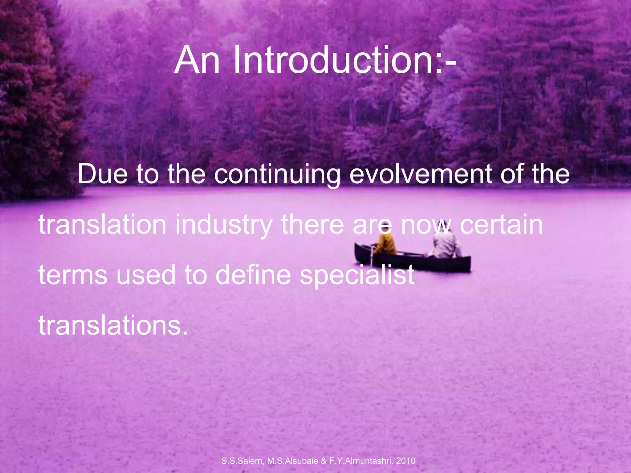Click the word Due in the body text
pos(103,174)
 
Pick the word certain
pos(501,225)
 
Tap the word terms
pos(73,275)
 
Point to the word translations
pos(113,325)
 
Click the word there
pos(312,225)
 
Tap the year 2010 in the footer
pos(406,461)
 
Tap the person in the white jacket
pos(445,243)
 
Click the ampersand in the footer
pos(324,461)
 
